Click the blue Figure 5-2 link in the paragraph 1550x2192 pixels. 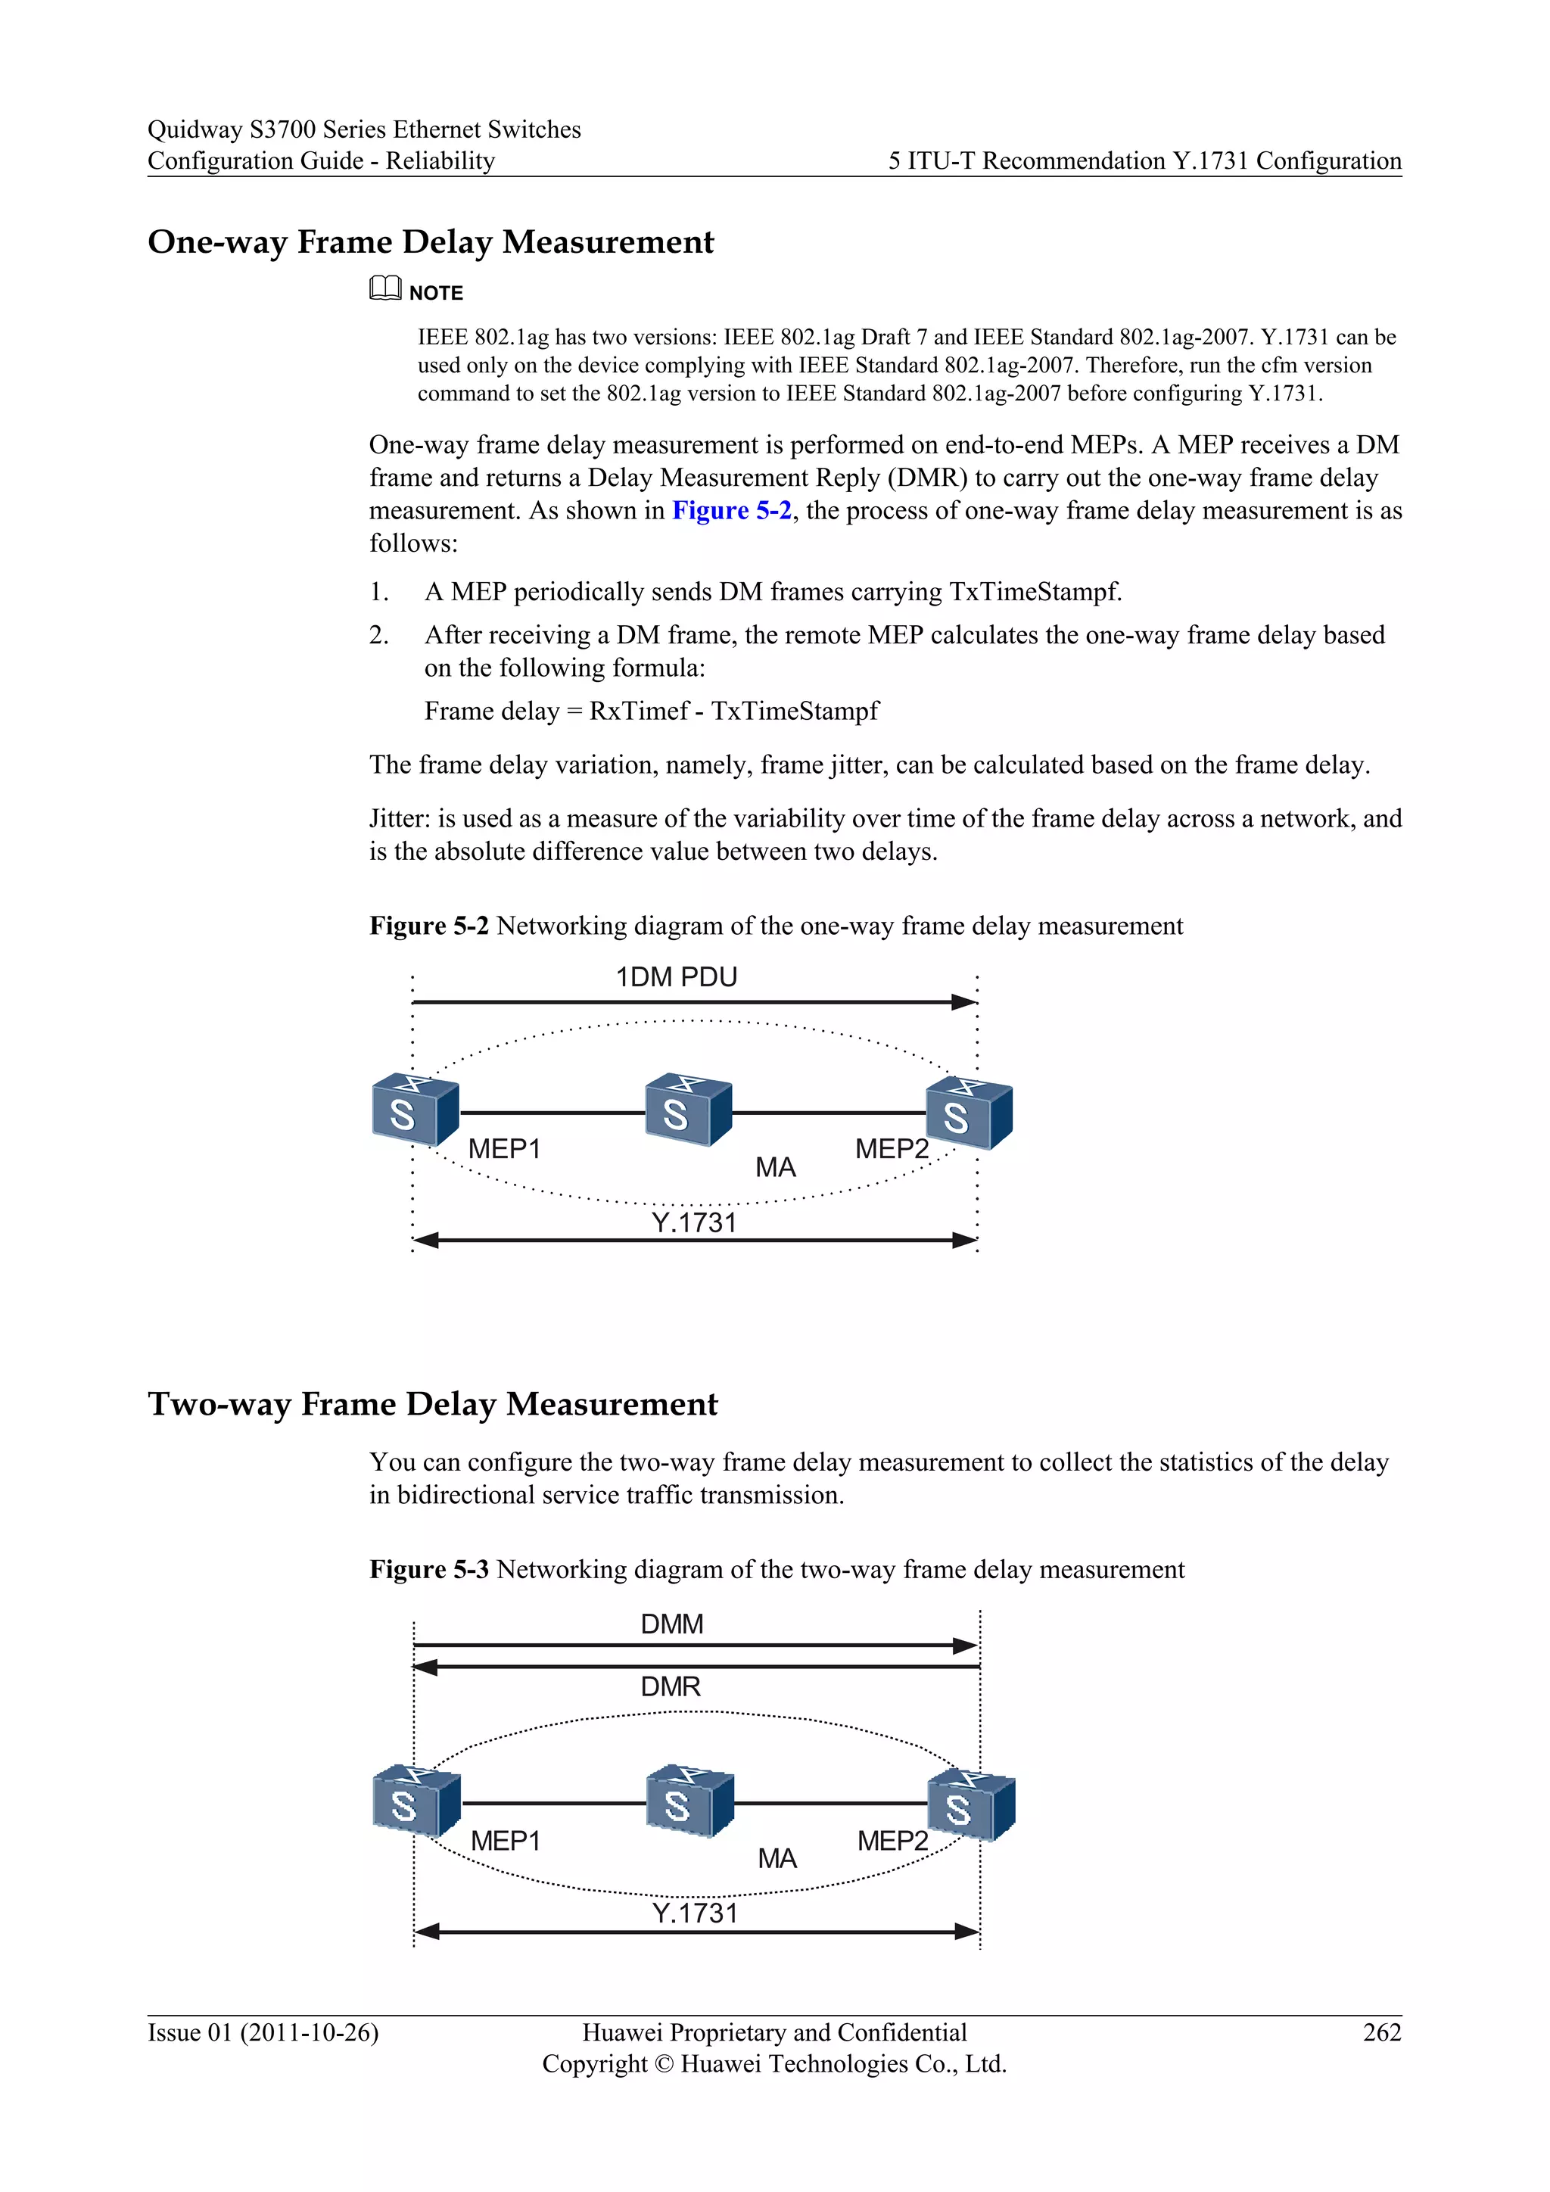(x=731, y=511)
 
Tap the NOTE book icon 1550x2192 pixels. (x=384, y=288)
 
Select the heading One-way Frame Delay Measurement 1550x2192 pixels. (x=431, y=242)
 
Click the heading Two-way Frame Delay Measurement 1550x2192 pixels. (x=432, y=1404)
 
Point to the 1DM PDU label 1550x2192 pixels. (x=676, y=978)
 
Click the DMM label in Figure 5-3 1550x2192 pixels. (x=672, y=1624)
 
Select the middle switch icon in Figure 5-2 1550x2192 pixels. (x=687, y=1110)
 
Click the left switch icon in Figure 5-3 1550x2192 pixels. (x=416, y=1801)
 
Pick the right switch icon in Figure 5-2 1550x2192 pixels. (x=968, y=1113)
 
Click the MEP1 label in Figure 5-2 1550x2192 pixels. (x=504, y=1150)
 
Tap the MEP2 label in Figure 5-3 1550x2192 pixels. (x=892, y=1841)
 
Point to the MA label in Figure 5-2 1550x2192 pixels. (x=775, y=1168)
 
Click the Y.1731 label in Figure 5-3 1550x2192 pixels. (x=695, y=1913)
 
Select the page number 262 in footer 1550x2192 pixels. (x=1381, y=2032)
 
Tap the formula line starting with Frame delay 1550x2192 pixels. (x=651, y=711)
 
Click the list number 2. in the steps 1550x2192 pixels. (x=379, y=635)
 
